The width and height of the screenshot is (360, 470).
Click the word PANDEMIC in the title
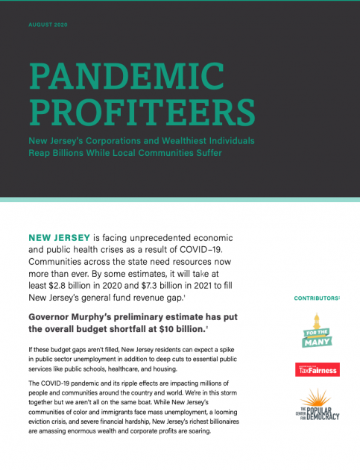(125, 76)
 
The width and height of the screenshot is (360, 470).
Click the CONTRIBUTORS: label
(317, 298)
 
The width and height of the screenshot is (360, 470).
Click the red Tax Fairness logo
(318, 369)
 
